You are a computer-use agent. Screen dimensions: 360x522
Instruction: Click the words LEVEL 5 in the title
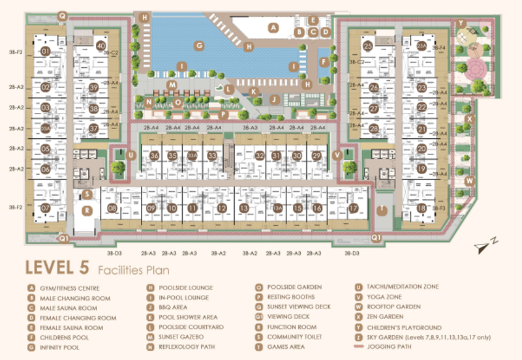click(57, 268)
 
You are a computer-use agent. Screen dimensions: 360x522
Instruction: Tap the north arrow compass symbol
click(486, 245)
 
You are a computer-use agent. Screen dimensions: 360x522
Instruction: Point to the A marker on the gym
click(275, 27)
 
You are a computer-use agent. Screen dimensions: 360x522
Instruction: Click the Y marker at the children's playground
click(461, 23)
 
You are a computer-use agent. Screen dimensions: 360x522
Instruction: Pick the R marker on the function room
click(86, 210)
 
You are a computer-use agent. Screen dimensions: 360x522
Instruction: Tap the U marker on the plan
click(131, 155)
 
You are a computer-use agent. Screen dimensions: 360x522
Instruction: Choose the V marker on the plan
click(337, 155)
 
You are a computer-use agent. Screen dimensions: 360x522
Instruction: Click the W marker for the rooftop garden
click(468, 180)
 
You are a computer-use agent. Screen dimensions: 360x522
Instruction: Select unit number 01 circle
click(46, 50)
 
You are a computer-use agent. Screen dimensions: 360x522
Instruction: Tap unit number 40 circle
click(100, 46)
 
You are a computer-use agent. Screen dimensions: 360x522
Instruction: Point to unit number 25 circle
click(368, 46)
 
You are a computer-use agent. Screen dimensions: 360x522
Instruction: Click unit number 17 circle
click(353, 208)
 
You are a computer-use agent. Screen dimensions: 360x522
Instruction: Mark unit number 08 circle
click(112, 208)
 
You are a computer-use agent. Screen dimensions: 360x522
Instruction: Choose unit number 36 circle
click(155, 156)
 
